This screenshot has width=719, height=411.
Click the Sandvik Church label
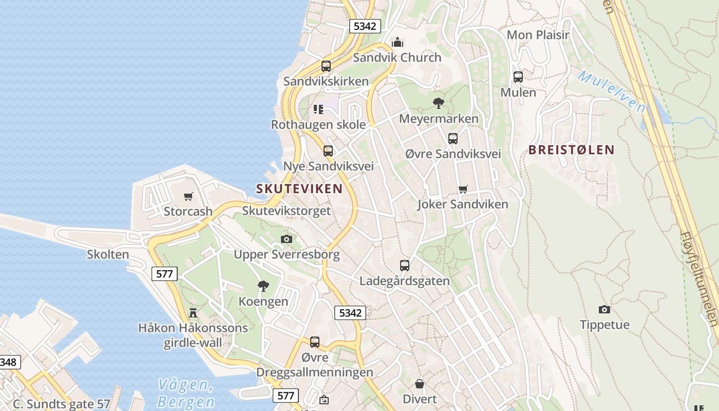point(397,58)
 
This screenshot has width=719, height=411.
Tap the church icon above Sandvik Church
point(397,42)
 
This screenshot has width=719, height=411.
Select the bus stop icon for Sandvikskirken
point(326,66)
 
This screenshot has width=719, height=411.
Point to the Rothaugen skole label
point(318,125)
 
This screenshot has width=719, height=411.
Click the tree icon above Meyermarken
point(438,103)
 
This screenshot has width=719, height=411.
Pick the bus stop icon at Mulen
point(518,77)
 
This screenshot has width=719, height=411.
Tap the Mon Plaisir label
point(538,35)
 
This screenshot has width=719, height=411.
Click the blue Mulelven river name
point(611,91)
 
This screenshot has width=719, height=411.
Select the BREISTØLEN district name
point(572,150)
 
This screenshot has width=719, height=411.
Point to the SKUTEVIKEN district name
point(299,189)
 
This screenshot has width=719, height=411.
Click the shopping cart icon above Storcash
point(188,196)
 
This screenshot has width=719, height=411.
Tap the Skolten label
point(108,254)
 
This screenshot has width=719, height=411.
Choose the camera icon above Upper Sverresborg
point(287,239)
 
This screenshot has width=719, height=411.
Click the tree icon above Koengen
point(263,286)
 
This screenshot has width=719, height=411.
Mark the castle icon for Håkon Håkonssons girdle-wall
point(193,312)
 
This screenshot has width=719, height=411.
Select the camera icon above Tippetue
point(604,309)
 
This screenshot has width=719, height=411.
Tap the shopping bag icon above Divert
point(420,384)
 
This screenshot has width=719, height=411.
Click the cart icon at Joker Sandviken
point(463,189)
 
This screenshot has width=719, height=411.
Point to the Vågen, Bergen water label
point(186,393)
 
